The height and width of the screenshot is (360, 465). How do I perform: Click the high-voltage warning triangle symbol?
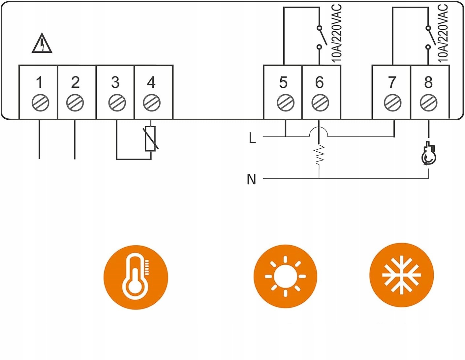point(42,44)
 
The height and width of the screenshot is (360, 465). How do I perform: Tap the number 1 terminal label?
point(39,82)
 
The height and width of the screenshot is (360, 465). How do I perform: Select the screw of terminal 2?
point(75,103)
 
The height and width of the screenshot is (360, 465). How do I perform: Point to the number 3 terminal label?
point(115,82)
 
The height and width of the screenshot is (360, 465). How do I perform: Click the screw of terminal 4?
point(152,103)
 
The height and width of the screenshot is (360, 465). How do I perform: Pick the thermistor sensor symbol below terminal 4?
point(150,139)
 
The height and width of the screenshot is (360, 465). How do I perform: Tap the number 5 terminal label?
point(283,82)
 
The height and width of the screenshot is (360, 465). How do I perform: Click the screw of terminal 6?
point(320,103)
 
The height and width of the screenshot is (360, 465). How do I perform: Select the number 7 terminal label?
point(392,82)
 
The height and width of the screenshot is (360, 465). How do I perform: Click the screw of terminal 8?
point(428,103)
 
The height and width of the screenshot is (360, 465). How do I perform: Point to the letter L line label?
point(252,138)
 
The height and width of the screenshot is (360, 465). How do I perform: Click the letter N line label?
point(251,179)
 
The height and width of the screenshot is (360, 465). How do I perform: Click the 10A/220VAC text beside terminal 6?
point(336,33)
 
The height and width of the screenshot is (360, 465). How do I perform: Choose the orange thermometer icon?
point(136,277)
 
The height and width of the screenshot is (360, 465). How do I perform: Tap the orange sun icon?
point(286,276)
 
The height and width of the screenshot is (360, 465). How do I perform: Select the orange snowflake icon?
point(401,275)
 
